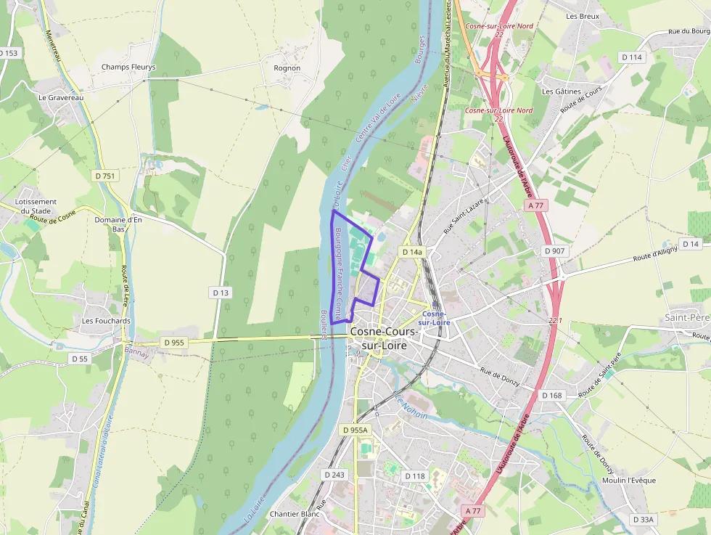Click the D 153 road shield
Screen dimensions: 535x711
click(9, 53)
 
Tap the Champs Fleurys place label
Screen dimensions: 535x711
click(128, 68)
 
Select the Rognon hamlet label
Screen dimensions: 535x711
click(287, 68)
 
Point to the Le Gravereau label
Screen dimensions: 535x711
click(62, 97)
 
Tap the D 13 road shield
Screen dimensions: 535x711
click(221, 292)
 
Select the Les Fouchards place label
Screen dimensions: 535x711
click(106, 320)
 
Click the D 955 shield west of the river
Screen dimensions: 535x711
click(174, 342)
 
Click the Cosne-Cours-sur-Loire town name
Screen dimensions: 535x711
click(384, 338)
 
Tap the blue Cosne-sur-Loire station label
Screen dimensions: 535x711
click(435, 318)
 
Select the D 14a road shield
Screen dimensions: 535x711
click(411, 252)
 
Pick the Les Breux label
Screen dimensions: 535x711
click(583, 16)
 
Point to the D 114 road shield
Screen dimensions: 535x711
click(631, 57)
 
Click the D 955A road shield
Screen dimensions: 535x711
click(355, 430)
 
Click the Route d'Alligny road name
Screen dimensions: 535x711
click(655, 253)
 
